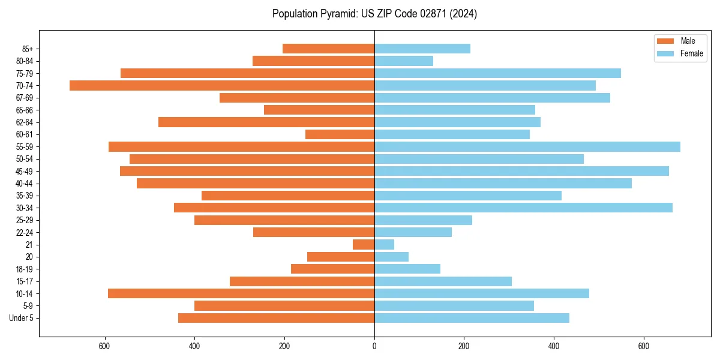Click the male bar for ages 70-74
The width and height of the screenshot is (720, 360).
tap(222, 85)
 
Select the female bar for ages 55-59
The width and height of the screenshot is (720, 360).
tap(527, 146)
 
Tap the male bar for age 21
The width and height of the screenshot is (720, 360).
tap(364, 244)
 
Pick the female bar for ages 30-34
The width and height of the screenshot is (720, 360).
tap(523, 208)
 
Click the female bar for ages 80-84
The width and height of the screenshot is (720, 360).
tap(404, 61)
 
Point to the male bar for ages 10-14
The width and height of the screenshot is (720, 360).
tap(241, 293)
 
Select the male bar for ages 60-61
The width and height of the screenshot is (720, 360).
tap(340, 134)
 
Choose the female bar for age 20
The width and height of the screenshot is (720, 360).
tap(391, 257)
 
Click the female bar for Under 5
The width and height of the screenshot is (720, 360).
tap(472, 318)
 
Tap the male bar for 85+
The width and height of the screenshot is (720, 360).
tap(328, 49)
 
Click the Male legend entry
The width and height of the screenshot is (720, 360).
tap(688, 41)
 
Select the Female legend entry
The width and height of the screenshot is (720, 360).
tap(691, 53)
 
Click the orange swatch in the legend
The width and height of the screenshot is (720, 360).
tap(665, 41)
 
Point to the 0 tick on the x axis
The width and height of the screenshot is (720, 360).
tap(374, 346)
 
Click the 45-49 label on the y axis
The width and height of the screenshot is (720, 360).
tap(24, 171)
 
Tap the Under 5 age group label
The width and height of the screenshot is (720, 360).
tap(21, 318)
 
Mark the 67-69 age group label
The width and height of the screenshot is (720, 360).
tap(24, 98)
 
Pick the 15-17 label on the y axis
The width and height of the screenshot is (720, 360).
tap(24, 281)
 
